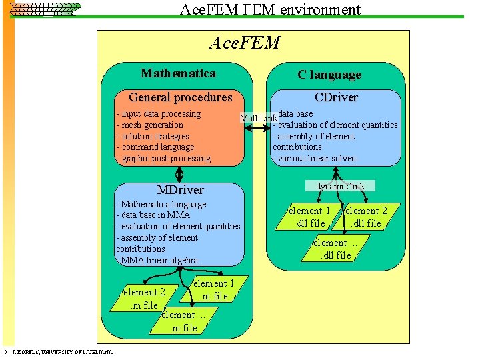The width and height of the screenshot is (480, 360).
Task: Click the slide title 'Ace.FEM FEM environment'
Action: pos(270,9)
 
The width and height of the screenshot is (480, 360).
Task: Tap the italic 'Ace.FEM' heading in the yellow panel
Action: pos(244,43)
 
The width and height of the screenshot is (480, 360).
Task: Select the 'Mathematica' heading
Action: pos(178,73)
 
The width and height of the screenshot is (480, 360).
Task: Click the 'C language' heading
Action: pos(329,75)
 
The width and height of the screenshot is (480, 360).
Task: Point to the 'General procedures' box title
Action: pos(180,97)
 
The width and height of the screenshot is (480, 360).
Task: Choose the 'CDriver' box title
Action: pos(336,97)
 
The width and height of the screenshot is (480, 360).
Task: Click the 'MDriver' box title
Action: pos(180,190)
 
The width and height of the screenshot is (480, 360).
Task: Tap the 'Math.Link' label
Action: pos(258,118)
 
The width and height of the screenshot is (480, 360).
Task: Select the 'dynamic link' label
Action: pos(340,186)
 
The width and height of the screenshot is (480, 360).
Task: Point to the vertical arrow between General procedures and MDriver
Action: pos(179,173)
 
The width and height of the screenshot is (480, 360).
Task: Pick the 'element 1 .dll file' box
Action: pos(309,217)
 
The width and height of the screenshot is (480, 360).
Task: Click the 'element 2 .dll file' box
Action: pos(366,217)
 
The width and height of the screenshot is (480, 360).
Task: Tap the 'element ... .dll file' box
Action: pos(336,249)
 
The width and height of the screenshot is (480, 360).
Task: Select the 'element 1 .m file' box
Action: pos(214,289)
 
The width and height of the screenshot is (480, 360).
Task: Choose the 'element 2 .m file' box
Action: pos(144,298)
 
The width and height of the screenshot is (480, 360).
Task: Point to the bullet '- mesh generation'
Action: pos(150,125)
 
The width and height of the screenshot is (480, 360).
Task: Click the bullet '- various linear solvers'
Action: pos(315,158)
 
